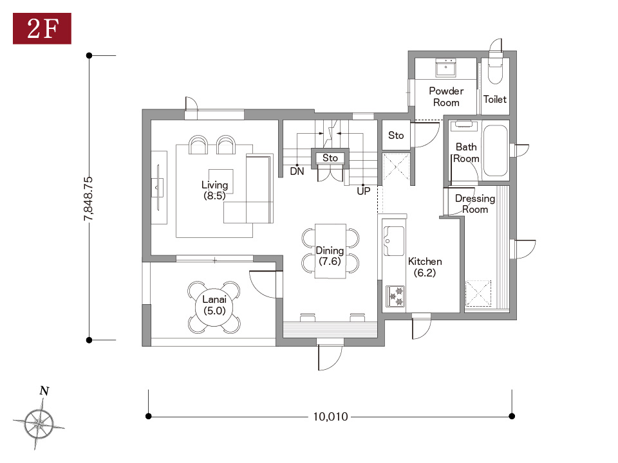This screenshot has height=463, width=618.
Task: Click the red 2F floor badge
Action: [42, 28]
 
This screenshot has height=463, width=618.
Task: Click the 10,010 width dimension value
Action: [330, 417]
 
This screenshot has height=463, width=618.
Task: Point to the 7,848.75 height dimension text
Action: [88, 198]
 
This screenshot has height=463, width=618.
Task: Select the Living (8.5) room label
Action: [215, 190]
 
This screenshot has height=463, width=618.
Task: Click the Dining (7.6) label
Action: [330, 256]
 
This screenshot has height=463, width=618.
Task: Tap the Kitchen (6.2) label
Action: [425, 267]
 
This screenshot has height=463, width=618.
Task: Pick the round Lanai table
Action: [214, 307]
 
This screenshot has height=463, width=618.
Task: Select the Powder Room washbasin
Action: [445, 68]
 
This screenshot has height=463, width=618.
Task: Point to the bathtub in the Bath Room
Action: [495, 150]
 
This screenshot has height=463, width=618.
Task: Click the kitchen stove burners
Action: [395, 296]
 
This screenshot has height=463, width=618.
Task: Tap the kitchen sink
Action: [393, 241]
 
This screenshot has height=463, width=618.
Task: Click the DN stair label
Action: [297, 171]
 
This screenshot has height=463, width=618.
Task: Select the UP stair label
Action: [363, 192]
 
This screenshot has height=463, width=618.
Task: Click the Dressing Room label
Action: [475, 204]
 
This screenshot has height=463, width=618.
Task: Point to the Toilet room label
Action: [495, 99]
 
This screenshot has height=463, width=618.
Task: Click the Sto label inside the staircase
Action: [330, 158]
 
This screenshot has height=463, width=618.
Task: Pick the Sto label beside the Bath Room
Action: [396, 136]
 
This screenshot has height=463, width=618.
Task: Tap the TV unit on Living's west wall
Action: [159, 187]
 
